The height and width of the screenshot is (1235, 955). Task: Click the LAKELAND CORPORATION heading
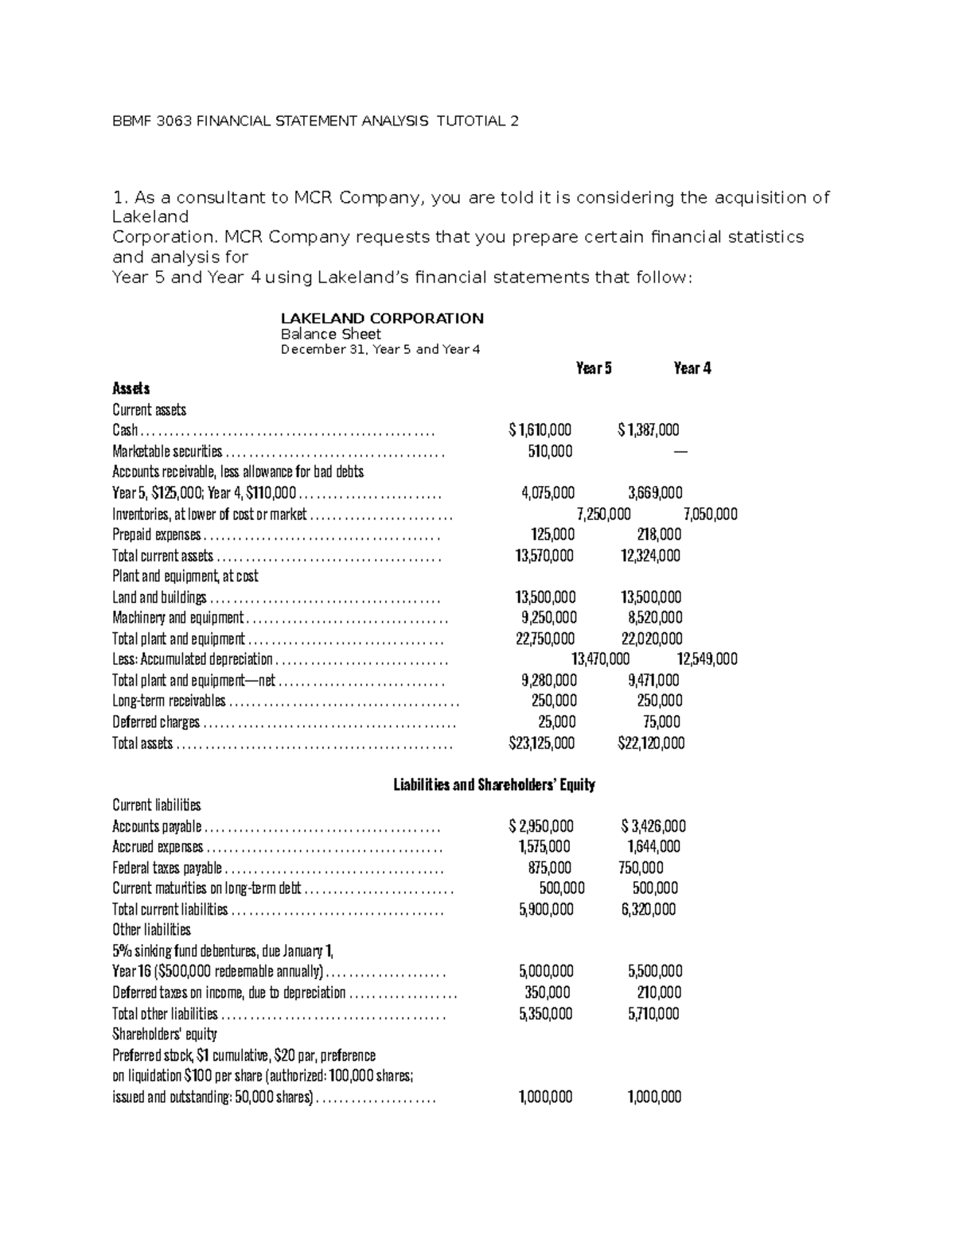tap(382, 318)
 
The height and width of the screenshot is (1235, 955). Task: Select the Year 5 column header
tap(594, 368)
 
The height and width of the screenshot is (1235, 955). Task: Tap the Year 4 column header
tap(692, 368)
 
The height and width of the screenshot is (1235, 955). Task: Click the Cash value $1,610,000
tap(540, 430)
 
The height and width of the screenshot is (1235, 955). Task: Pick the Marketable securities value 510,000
tap(550, 451)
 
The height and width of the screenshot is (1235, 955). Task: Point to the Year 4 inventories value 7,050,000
tap(710, 514)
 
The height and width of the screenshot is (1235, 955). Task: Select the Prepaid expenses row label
tap(157, 534)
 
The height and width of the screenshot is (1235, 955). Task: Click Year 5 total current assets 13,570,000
tap(544, 555)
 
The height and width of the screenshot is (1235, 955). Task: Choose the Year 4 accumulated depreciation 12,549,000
tap(707, 658)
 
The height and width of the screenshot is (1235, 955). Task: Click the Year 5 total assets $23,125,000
tap(541, 743)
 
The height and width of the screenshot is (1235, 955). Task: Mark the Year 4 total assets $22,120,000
tap(650, 743)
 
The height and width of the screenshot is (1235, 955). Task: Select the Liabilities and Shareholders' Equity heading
tap(494, 785)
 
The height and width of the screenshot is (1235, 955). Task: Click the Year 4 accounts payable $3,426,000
tap(653, 826)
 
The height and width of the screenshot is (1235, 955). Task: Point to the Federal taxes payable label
tap(167, 868)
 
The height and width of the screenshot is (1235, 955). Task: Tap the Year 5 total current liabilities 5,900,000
tap(546, 909)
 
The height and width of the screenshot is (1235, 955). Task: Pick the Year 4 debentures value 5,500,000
tap(655, 971)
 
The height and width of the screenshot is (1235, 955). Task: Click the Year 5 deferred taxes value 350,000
tap(548, 992)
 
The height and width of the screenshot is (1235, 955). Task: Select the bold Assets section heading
tap(131, 389)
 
